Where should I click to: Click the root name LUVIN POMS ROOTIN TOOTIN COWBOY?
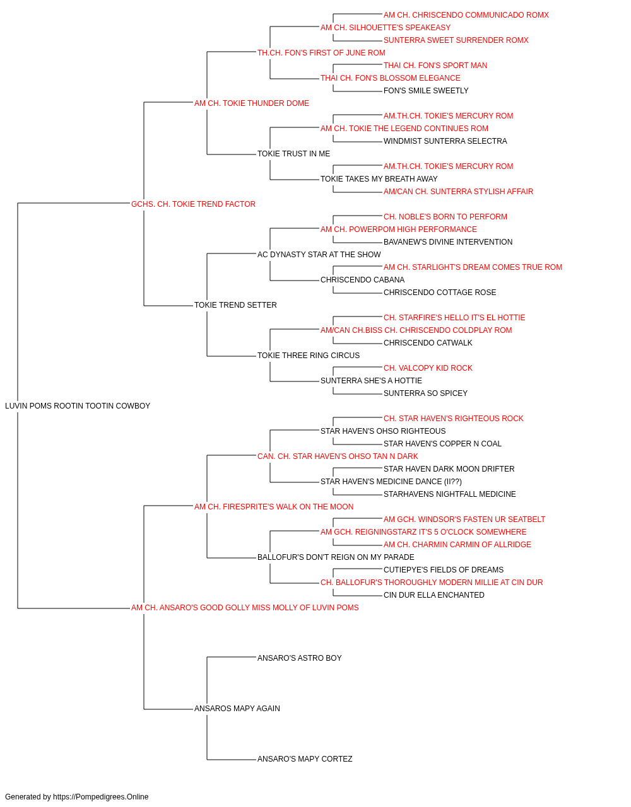[78, 406]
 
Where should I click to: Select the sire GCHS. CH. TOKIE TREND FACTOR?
[193, 204]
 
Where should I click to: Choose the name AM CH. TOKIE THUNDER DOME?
[252, 103]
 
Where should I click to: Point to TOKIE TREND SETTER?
[235, 305]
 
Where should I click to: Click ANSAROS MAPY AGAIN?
[237, 709]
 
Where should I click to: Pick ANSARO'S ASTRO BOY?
[300, 658]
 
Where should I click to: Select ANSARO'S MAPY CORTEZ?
[305, 759]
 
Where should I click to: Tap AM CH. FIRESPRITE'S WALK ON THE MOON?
[274, 507]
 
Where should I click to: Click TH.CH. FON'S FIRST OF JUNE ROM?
[321, 53]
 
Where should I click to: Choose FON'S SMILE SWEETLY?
[426, 91]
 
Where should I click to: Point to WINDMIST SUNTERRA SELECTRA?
[445, 141]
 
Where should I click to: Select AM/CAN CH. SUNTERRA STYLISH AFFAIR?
[458, 192]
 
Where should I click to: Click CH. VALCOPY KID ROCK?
[428, 368]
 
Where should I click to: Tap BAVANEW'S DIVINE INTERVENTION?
[448, 242]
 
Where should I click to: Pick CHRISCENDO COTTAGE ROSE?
[440, 293]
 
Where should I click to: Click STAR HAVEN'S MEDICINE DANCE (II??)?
[391, 482]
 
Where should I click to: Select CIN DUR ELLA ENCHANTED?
[433, 595]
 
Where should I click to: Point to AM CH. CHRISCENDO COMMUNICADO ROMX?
[466, 15]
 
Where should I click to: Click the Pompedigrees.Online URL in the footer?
[100, 797]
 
